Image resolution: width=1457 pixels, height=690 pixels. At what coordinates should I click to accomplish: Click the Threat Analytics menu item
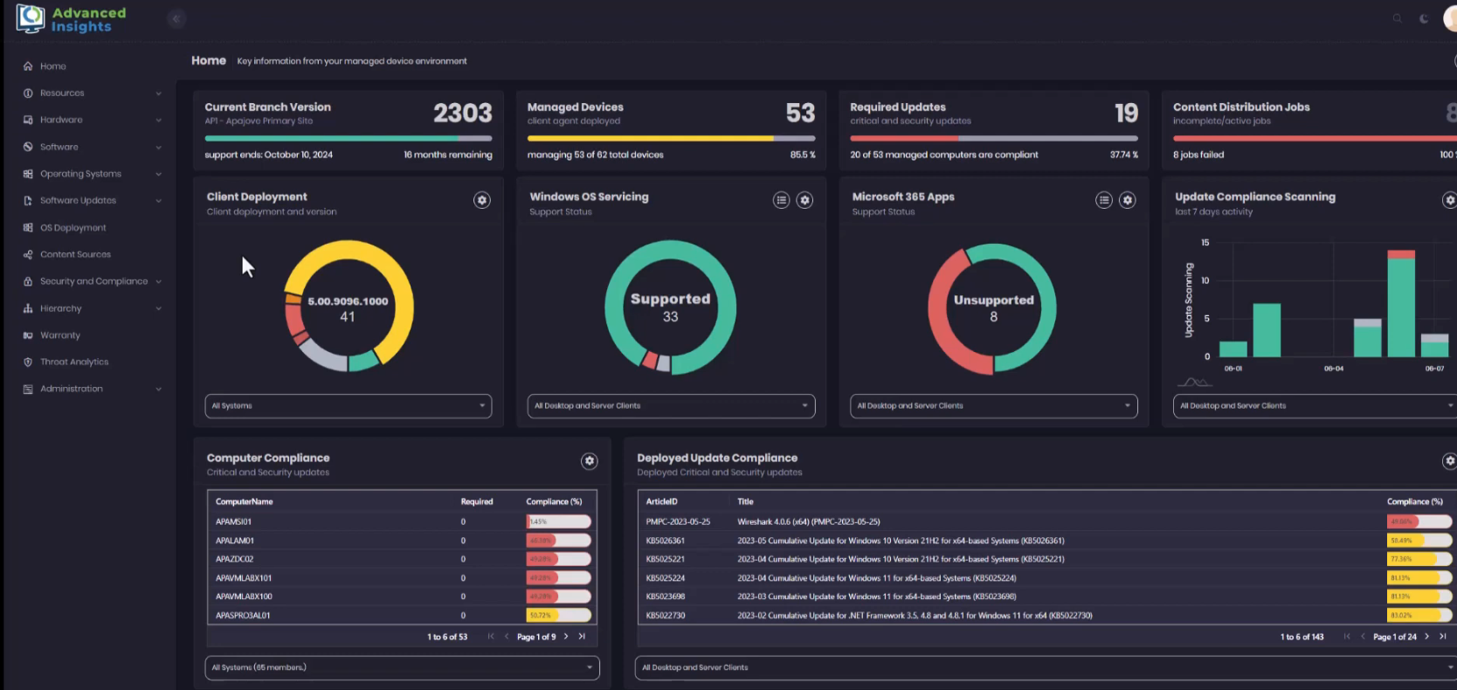(74, 362)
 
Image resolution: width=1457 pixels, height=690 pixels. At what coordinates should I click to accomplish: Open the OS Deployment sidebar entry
(73, 228)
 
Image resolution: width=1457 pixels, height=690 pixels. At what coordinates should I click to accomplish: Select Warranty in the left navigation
(59, 335)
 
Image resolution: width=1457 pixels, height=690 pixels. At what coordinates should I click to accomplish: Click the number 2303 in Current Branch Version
(462, 113)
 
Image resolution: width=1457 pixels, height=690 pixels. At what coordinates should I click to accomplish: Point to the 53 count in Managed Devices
(799, 113)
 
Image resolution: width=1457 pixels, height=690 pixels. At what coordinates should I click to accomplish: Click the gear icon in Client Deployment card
(481, 200)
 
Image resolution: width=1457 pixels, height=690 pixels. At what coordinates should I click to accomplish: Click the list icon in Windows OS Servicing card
(781, 200)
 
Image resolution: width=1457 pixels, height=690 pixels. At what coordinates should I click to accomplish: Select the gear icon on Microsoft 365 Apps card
(1128, 200)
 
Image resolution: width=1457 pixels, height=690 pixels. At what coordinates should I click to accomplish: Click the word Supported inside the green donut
(670, 299)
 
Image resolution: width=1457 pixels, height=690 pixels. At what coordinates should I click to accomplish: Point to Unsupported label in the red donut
(993, 300)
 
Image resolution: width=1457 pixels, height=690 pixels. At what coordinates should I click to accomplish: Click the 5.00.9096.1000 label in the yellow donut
(348, 301)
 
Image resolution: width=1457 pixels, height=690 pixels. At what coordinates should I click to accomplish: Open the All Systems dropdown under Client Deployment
(348, 406)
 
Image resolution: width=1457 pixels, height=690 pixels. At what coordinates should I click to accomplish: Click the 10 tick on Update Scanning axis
(1205, 280)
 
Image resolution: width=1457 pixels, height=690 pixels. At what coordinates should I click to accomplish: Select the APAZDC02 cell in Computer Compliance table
(234, 559)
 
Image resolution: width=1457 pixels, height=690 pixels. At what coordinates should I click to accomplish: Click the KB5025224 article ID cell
(665, 578)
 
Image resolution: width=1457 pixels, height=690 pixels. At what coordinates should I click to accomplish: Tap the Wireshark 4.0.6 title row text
(808, 521)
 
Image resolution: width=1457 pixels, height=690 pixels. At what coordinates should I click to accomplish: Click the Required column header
(476, 501)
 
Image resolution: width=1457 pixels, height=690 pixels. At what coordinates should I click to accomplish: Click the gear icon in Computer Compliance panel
(590, 460)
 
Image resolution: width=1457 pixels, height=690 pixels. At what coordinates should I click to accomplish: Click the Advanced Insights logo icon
(30, 18)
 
